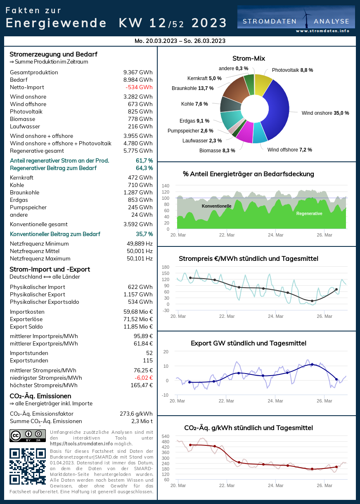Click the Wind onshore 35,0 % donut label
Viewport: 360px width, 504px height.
325,113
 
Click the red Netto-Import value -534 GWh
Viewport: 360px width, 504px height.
139,88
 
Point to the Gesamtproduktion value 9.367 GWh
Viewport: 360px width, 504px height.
138,73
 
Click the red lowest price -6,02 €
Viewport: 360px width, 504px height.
144,378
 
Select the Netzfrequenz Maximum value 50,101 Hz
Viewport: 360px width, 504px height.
140,259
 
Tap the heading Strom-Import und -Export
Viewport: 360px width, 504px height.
50,270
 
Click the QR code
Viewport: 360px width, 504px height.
28,466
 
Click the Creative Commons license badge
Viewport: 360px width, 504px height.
28,435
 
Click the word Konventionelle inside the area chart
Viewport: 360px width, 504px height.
216,206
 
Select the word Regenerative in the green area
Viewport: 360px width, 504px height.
309,214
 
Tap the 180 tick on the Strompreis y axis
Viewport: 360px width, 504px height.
166,267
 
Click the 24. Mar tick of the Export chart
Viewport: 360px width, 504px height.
275,401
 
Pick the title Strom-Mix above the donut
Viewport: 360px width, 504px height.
249,59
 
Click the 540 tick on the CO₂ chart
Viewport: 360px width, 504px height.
165,436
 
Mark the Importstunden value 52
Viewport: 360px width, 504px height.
149,353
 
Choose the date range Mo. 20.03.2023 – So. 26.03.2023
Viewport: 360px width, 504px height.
180,41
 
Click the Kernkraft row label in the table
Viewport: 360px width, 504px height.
21,178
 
